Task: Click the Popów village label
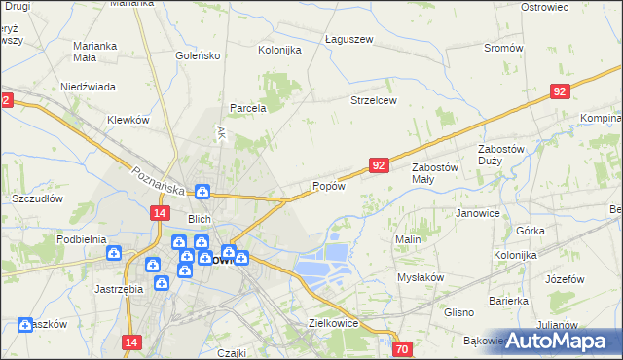click(x=329, y=186)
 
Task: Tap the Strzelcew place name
click(x=374, y=100)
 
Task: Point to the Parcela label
click(x=248, y=108)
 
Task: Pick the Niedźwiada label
click(x=89, y=85)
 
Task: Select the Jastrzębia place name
click(x=120, y=288)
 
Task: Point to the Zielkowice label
click(x=334, y=322)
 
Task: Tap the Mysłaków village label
click(x=420, y=277)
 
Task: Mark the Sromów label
click(x=503, y=48)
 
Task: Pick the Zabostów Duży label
click(x=502, y=155)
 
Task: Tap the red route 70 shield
click(x=403, y=348)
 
